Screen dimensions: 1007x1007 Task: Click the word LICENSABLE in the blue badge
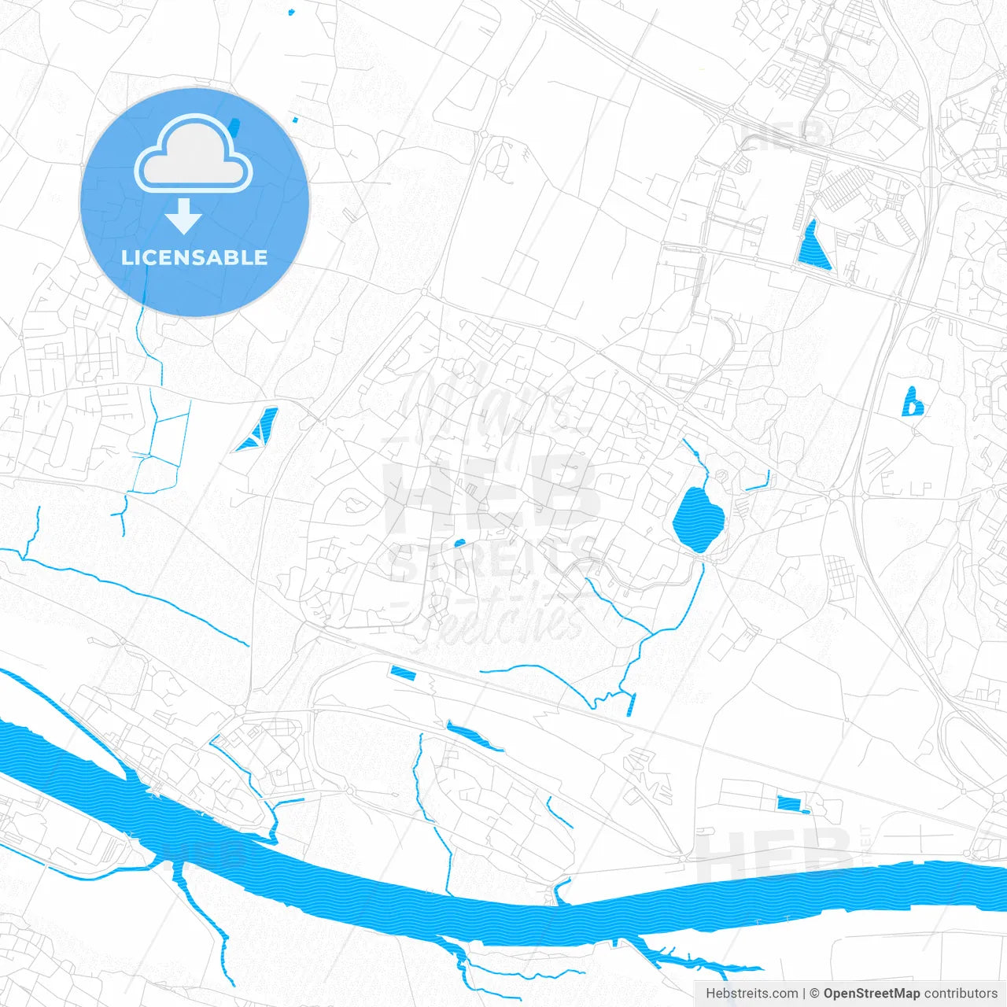(194, 257)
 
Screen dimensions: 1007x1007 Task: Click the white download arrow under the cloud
(184, 216)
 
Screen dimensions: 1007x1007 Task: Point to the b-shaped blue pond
(911, 403)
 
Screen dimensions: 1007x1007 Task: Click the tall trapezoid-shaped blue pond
(812, 247)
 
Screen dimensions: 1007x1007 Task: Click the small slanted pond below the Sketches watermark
(402, 673)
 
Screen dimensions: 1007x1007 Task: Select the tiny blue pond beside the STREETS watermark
(459, 543)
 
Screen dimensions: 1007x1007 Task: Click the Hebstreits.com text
(751, 994)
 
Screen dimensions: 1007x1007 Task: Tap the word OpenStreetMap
(872, 994)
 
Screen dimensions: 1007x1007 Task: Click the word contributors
(961, 994)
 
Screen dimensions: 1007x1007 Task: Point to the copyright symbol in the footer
(815, 994)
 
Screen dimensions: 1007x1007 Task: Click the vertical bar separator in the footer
(804, 994)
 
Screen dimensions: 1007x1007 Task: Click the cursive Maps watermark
(488, 401)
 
